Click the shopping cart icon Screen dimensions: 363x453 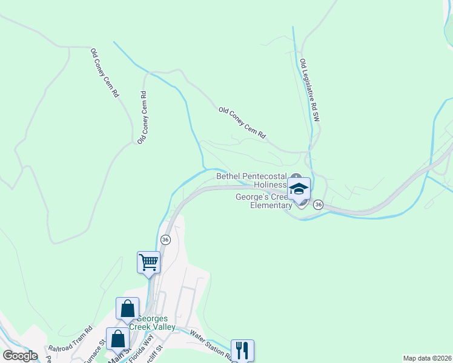[148, 263]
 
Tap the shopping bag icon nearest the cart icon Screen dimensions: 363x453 [128, 309]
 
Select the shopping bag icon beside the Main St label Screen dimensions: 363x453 [117, 338]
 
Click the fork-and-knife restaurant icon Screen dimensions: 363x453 [242, 350]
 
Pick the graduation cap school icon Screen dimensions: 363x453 [299, 189]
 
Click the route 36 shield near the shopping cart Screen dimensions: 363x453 [165, 240]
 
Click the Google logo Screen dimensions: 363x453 [20, 356]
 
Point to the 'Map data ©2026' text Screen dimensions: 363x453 [427, 358]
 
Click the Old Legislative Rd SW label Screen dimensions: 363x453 [309, 91]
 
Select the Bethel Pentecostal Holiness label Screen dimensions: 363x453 [251, 180]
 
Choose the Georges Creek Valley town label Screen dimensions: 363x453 [156, 323]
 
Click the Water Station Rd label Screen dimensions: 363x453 [211, 342]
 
